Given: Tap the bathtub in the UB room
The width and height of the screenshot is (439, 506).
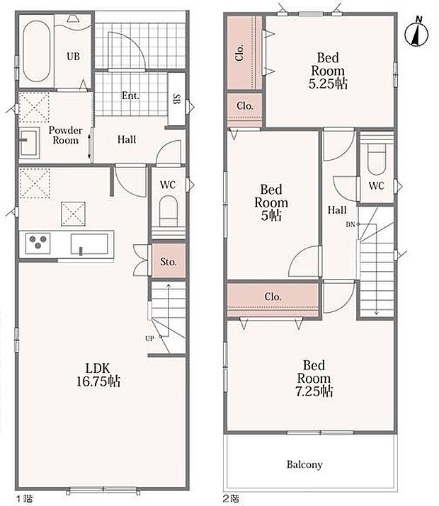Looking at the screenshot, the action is tap(37, 52).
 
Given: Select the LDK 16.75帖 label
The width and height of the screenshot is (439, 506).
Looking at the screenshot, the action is tap(98, 375).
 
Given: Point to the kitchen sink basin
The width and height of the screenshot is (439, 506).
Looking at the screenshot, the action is tap(89, 245).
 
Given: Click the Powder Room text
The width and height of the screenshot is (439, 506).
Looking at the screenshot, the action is tap(66, 135).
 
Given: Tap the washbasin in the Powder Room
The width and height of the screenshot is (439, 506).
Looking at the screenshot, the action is tap(29, 143).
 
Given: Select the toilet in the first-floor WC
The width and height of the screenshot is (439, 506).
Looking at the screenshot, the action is tap(169, 212).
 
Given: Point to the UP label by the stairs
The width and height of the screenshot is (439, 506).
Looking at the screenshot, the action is tap(149, 338).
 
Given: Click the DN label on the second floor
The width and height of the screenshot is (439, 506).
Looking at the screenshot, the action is tap(350, 224).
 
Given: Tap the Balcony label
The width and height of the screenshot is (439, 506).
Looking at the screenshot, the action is tap(304, 464).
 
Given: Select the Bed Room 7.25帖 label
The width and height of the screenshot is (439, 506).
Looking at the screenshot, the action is tap(314, 378).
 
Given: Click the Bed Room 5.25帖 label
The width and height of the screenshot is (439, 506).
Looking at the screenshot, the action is tap(328, 71).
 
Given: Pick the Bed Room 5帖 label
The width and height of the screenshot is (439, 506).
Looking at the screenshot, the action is tap(271, 202).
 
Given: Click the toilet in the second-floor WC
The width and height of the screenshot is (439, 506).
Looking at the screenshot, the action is tap(377, 159).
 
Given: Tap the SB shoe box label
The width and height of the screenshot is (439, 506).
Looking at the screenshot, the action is tap(176, 99).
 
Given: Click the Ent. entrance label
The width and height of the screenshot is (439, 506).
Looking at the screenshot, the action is tap(130, 96).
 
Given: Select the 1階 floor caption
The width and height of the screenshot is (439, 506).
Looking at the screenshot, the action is tap(25, 499).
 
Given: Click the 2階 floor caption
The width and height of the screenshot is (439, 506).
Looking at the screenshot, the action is tap(231, 499).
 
